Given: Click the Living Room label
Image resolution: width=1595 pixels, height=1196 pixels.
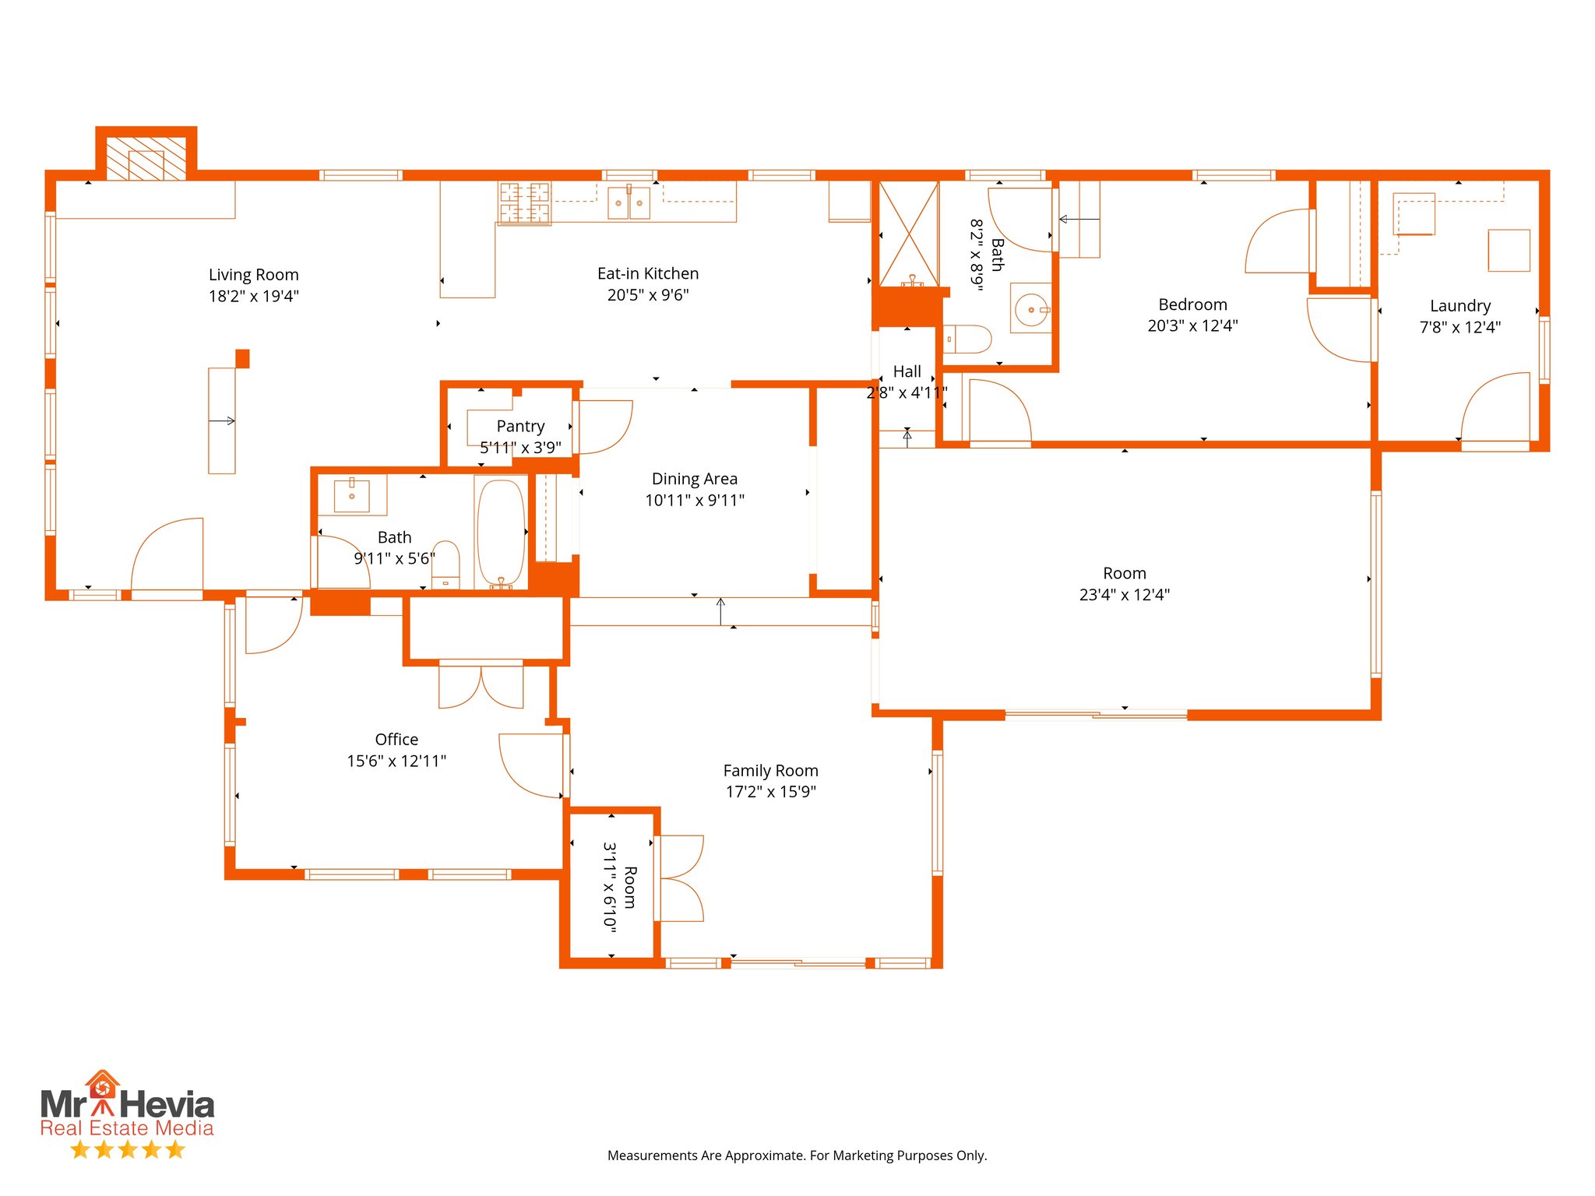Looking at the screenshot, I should point(253,275).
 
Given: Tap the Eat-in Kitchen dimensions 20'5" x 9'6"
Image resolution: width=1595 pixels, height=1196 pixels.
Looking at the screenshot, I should point(648,295).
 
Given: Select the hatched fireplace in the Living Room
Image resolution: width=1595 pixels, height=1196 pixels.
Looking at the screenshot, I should point(146,160).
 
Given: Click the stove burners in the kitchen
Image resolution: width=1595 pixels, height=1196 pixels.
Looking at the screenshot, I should point(525,202).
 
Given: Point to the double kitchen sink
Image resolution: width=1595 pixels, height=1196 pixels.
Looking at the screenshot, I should point(628,202).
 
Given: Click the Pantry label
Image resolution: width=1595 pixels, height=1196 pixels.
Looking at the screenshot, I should point(520,426).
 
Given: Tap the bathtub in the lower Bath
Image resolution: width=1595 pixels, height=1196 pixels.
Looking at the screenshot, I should point(501,532).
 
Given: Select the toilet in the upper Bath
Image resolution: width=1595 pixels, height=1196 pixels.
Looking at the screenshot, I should point(968,339).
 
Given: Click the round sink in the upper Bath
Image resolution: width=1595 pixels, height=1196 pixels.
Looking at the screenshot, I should point(1031,310).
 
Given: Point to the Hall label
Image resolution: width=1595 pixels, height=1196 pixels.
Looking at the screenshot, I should point(907,371).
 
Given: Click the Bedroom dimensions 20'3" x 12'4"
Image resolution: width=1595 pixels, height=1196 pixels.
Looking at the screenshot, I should point(1192,326).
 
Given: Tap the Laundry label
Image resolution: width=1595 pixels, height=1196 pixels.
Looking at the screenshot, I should point(1459,306).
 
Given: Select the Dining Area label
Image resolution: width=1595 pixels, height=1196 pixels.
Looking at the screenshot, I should point(694,479).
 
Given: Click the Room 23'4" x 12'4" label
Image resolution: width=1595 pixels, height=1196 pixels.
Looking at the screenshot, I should point(1124,574).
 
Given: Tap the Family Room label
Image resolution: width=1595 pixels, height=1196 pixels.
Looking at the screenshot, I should point(770,771).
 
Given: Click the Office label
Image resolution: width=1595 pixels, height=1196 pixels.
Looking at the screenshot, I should point(396,740).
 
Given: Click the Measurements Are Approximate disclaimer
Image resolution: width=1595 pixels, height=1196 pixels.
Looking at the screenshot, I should point(797,1156).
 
